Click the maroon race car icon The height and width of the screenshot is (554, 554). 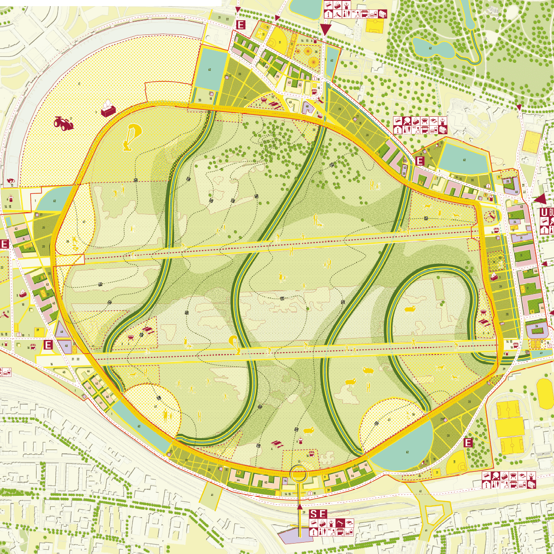pyautogui.click(x=64, y=123)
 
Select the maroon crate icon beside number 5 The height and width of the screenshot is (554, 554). pyautogui.click(x=107, y=109)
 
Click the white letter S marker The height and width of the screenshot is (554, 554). pyautogui.click(x=313, y=514)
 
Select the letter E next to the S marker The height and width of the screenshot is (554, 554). pyautogui.click(x=322, y=514)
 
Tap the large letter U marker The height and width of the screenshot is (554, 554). pyautogui.click(x=544, y=212)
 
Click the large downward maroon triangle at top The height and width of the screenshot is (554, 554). pyautogui.click(x=325, y=29)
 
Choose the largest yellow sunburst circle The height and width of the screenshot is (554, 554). pyautogui.click(x=313, y=61)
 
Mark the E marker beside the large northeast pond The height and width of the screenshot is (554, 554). pyautogui.click(x=419, y=161)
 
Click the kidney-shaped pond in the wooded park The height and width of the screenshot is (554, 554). pyautogui.click(x=431, y=47)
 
